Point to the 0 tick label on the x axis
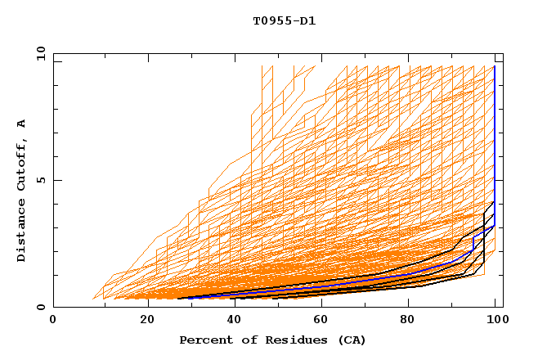pos(54,320)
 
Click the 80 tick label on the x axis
pos(414,320)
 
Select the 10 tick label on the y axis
pos(38,53)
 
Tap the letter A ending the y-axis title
pos(22,123)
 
